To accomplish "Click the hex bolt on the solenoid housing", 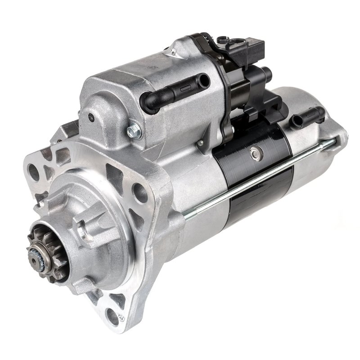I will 134,131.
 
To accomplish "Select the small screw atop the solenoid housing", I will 173,52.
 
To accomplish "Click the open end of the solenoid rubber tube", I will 204,81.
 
